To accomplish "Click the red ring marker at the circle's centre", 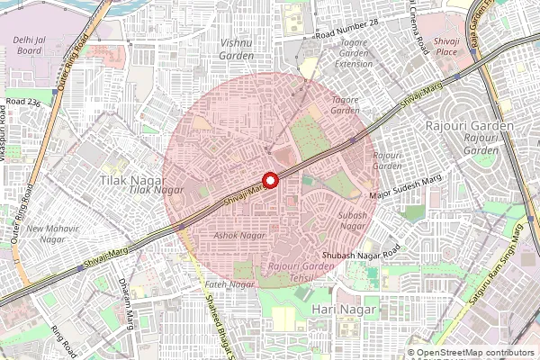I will [x=268, y=179].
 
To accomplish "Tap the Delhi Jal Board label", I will [x=31, y=45].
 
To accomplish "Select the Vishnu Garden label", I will [x=237, y=48].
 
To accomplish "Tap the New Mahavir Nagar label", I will [x=46, y=233].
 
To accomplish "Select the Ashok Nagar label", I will [x=240, y=235].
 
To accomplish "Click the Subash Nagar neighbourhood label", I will [x=351, y=220].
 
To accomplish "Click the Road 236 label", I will [x=23, y=103].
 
